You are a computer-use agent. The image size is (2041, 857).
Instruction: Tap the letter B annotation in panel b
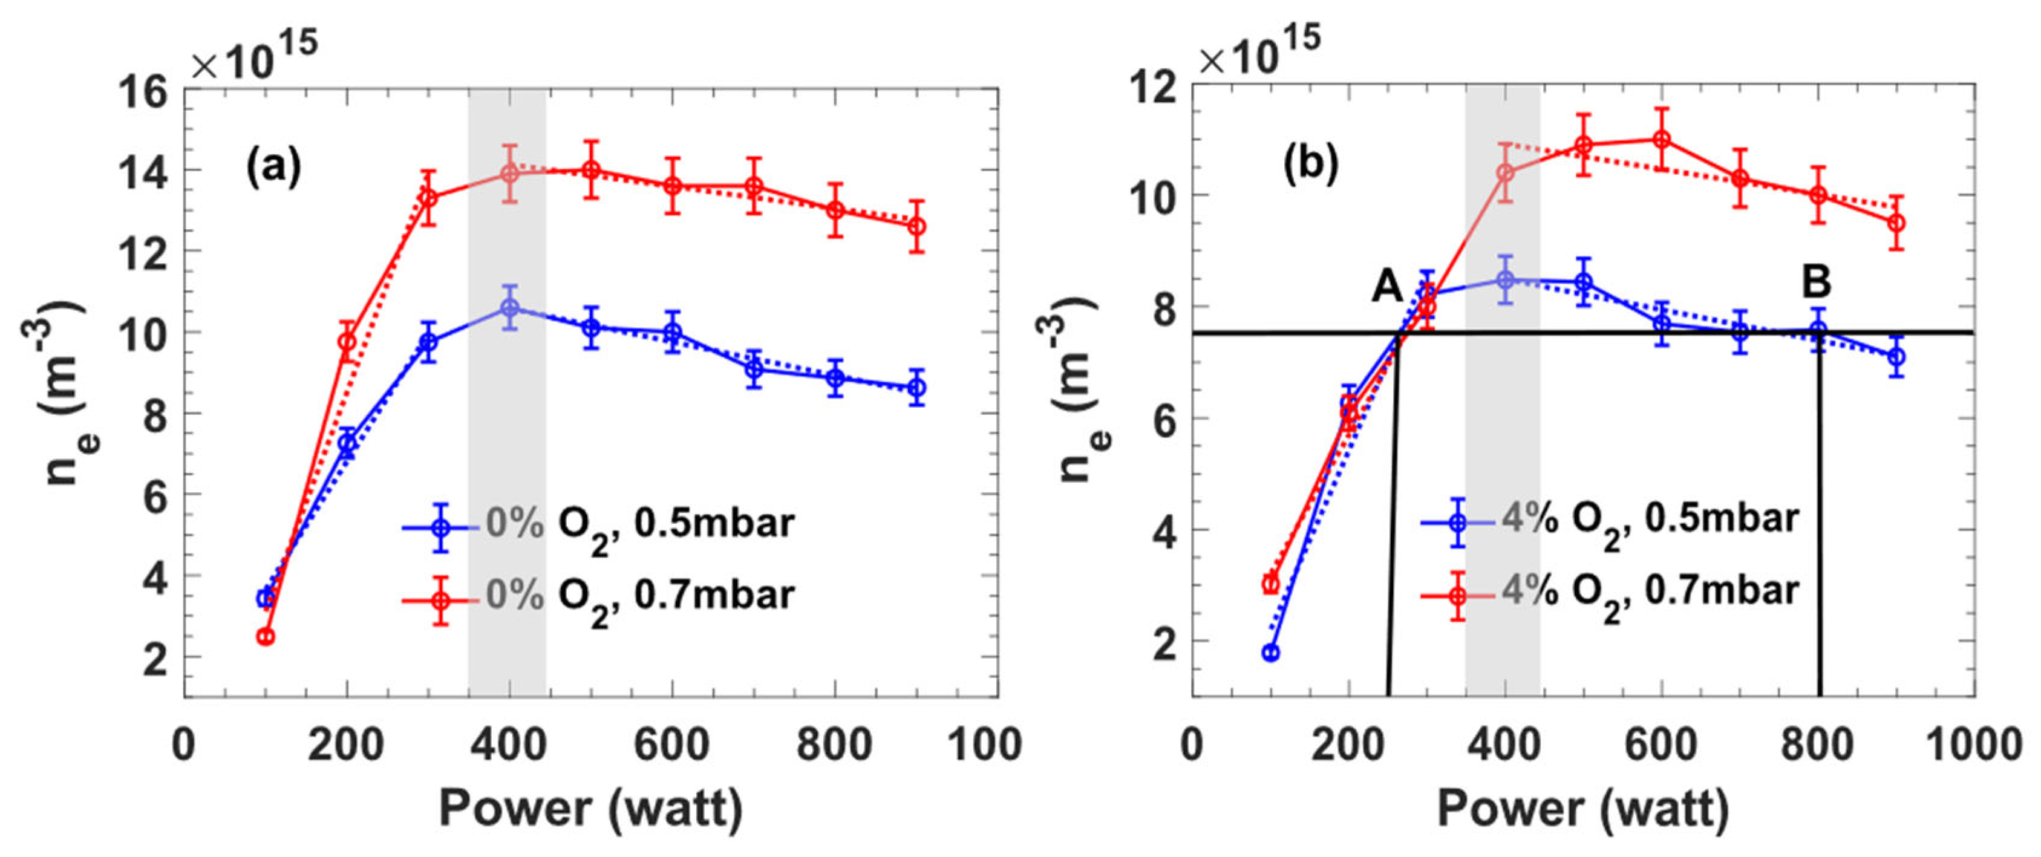click(1816, 281)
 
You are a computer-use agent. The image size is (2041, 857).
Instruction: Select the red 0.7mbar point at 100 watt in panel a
click(266, 636)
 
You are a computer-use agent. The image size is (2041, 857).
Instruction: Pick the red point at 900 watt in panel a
click(916, 227)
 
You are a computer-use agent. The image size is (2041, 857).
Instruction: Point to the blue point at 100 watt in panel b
click(1270, 653)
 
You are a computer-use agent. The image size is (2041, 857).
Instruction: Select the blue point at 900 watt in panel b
click(1896, 357)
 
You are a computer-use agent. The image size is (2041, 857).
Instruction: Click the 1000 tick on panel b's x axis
click(1974, 746)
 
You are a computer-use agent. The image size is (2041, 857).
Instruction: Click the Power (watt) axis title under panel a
click(591, 809)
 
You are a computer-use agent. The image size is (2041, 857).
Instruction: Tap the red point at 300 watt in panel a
click(429, 198)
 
